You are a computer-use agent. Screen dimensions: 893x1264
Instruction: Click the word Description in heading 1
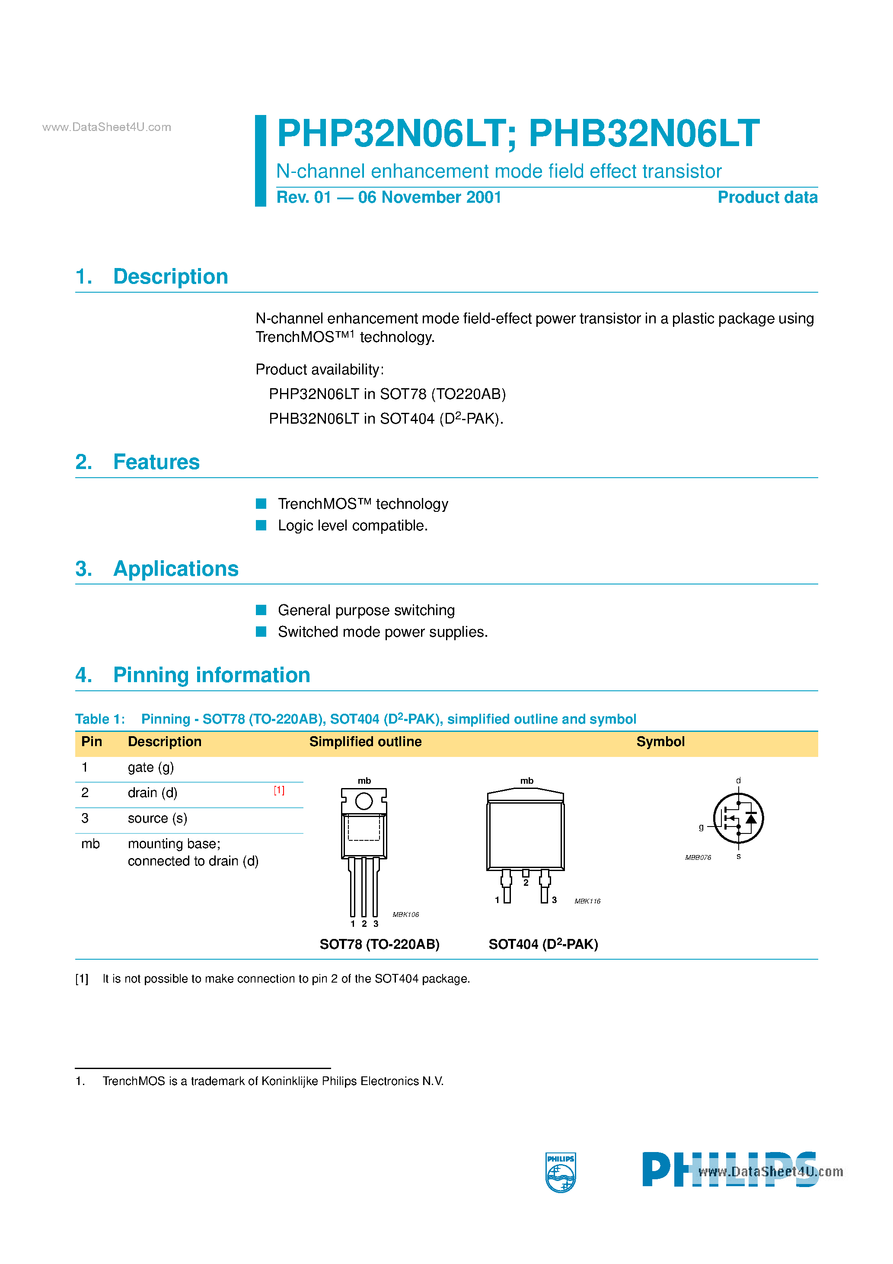(170, 276)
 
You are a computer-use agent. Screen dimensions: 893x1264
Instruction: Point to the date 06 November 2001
(430, 197)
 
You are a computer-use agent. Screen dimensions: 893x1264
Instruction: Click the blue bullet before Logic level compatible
(261, 525)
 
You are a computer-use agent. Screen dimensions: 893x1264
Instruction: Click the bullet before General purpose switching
(261, 610)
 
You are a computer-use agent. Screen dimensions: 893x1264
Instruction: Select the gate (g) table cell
(150, 767)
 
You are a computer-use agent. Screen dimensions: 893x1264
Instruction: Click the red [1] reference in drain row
(279, 791)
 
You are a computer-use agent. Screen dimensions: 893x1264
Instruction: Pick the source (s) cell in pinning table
(157, 819)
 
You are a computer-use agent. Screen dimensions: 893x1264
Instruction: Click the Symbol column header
(660, 741)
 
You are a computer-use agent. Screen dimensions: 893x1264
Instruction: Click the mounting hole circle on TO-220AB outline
(364, 801)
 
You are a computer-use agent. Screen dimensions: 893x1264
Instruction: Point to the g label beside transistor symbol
(701, 827)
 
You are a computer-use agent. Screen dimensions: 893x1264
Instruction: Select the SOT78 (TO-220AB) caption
(380, 944)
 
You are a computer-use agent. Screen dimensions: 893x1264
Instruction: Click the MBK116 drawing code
(587, 901)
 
